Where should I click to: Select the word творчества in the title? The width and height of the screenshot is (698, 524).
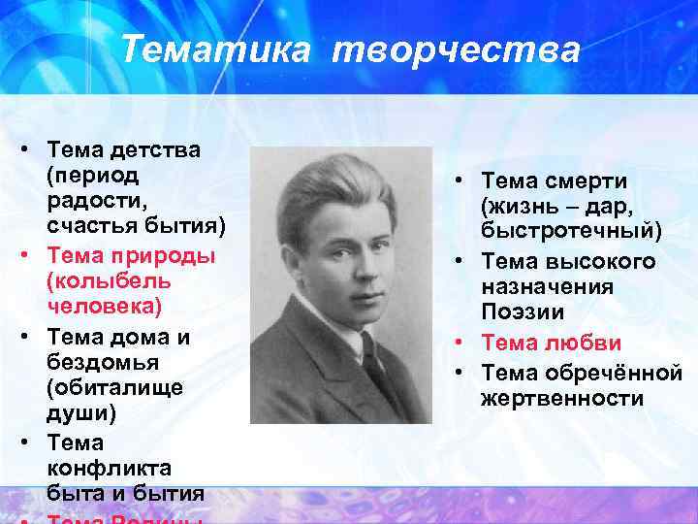(x=456, y=49)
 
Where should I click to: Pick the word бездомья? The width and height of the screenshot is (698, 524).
(x=94, y=362)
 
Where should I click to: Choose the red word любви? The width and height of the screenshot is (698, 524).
(x=587, y=343)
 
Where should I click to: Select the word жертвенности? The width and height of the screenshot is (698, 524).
(x=553, y=398)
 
